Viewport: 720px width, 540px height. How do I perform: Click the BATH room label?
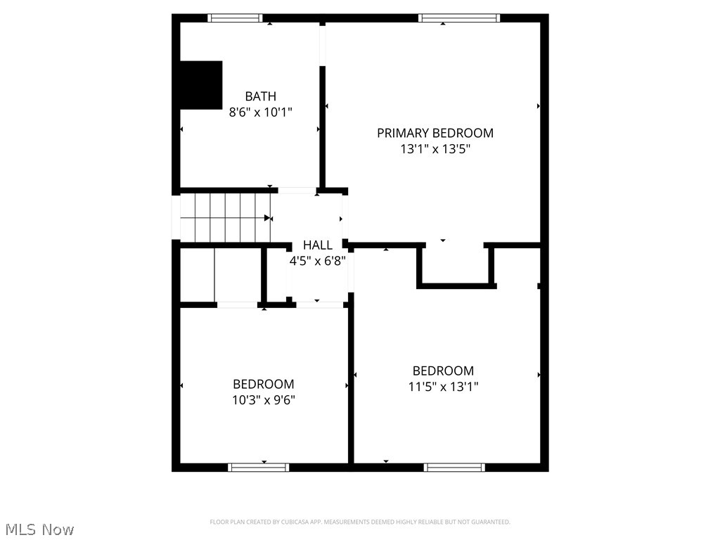(x=260, y=96)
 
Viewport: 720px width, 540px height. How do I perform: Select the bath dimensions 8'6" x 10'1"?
(x=260, y=112)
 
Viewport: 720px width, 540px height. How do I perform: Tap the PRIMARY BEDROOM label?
(x=435, y=133)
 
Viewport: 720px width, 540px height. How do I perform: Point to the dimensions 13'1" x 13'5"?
(x=435, y=149)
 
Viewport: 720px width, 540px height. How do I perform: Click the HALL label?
(x=318, y=245)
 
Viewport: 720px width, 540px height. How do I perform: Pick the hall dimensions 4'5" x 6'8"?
(x=318, y=261)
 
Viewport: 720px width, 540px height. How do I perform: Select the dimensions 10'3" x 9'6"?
(x=264, y=400)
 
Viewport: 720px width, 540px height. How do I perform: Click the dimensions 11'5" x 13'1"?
(x=443, y=387)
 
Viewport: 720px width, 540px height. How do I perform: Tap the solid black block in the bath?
(x=201, y=85)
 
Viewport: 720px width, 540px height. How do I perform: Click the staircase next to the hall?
(x=225, y=218)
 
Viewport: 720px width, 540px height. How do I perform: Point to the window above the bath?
(x=235, y=18)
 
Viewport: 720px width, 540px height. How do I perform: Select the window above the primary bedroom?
(x=458, y=18)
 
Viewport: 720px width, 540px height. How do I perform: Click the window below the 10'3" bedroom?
(x=259, y=467)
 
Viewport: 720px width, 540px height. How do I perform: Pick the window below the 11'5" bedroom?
(x=454, y=467)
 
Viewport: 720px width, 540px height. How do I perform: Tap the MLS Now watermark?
(x=39, y=529)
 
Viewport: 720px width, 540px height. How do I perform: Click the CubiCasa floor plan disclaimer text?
(x=360, y=522)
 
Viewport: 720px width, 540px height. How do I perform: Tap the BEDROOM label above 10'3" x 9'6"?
(x=264, y=384)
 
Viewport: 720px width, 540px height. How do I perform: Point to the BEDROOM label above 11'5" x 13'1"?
(x=443, y=371)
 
